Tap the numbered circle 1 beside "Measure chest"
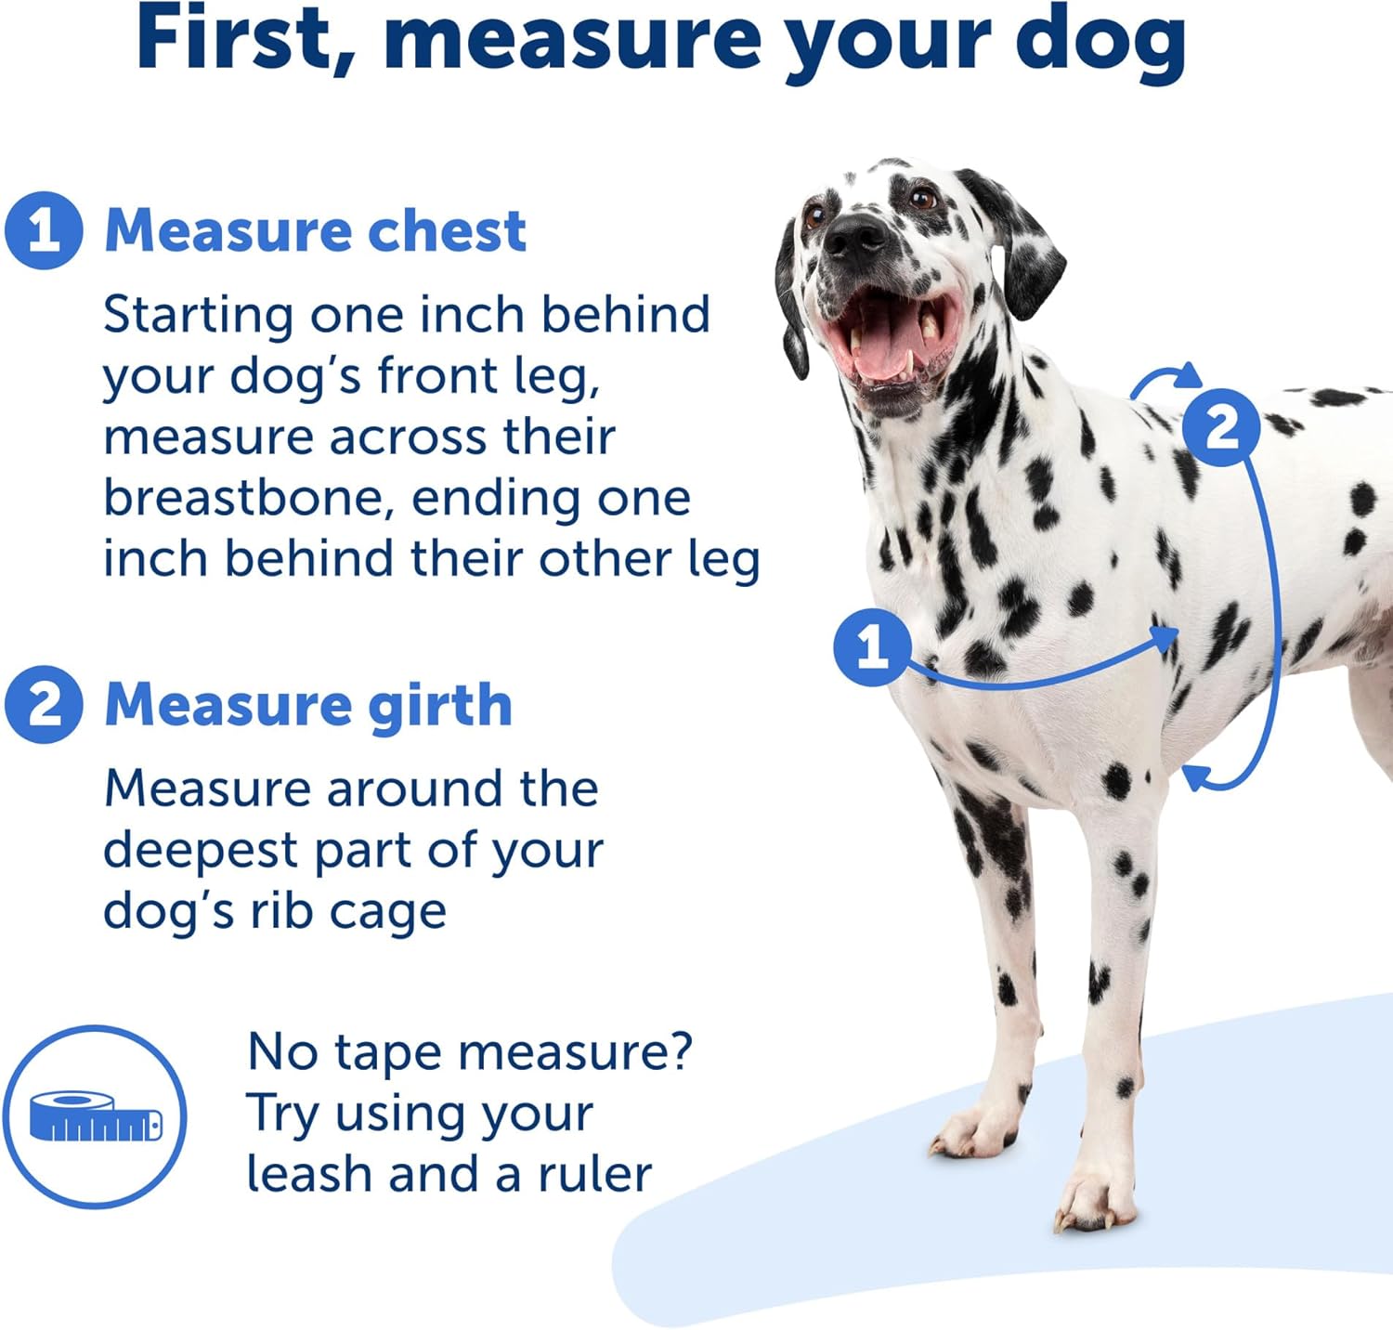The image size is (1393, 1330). [x=44, y=230]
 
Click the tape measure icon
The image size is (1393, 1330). [x=95, y=1117]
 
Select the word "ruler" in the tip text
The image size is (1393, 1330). [x=594, y=1174]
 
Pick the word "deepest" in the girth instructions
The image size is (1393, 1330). [x=199, y=851]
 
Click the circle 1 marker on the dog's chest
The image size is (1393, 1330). [x=871, y=647]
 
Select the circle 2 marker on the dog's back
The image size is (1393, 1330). [x=1221, y=428]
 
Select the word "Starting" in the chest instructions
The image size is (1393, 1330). [x=199, y=316]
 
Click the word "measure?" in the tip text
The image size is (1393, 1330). [x=575, y=1053]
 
